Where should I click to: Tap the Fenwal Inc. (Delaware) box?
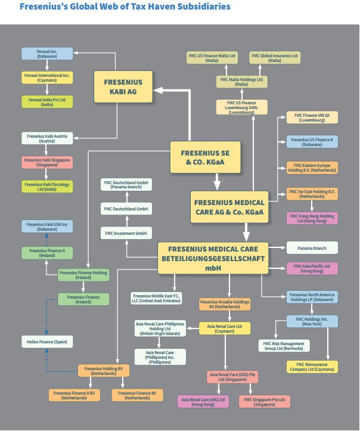[47, 53]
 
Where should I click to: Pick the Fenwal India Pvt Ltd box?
[47, 101]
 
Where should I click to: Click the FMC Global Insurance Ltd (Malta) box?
[275, 58]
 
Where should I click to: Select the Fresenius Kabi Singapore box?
[47, 162]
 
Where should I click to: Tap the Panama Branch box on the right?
[312, 247]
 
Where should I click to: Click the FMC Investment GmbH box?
[125, 232]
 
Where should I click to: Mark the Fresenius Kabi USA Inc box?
[47, 226]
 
